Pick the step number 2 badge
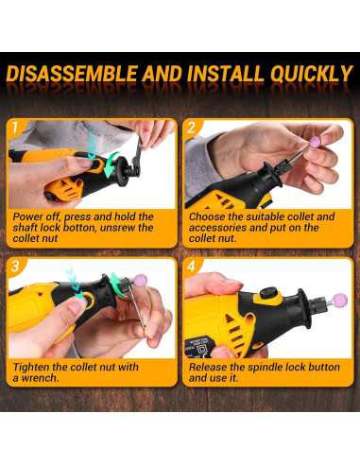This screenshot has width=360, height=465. pyautogui.click(x=191, y=127)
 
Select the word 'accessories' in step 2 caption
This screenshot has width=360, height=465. pyautogui.click(x=219, y=227)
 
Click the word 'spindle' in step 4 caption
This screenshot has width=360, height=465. pyautogui.click(x=283, y=367)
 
